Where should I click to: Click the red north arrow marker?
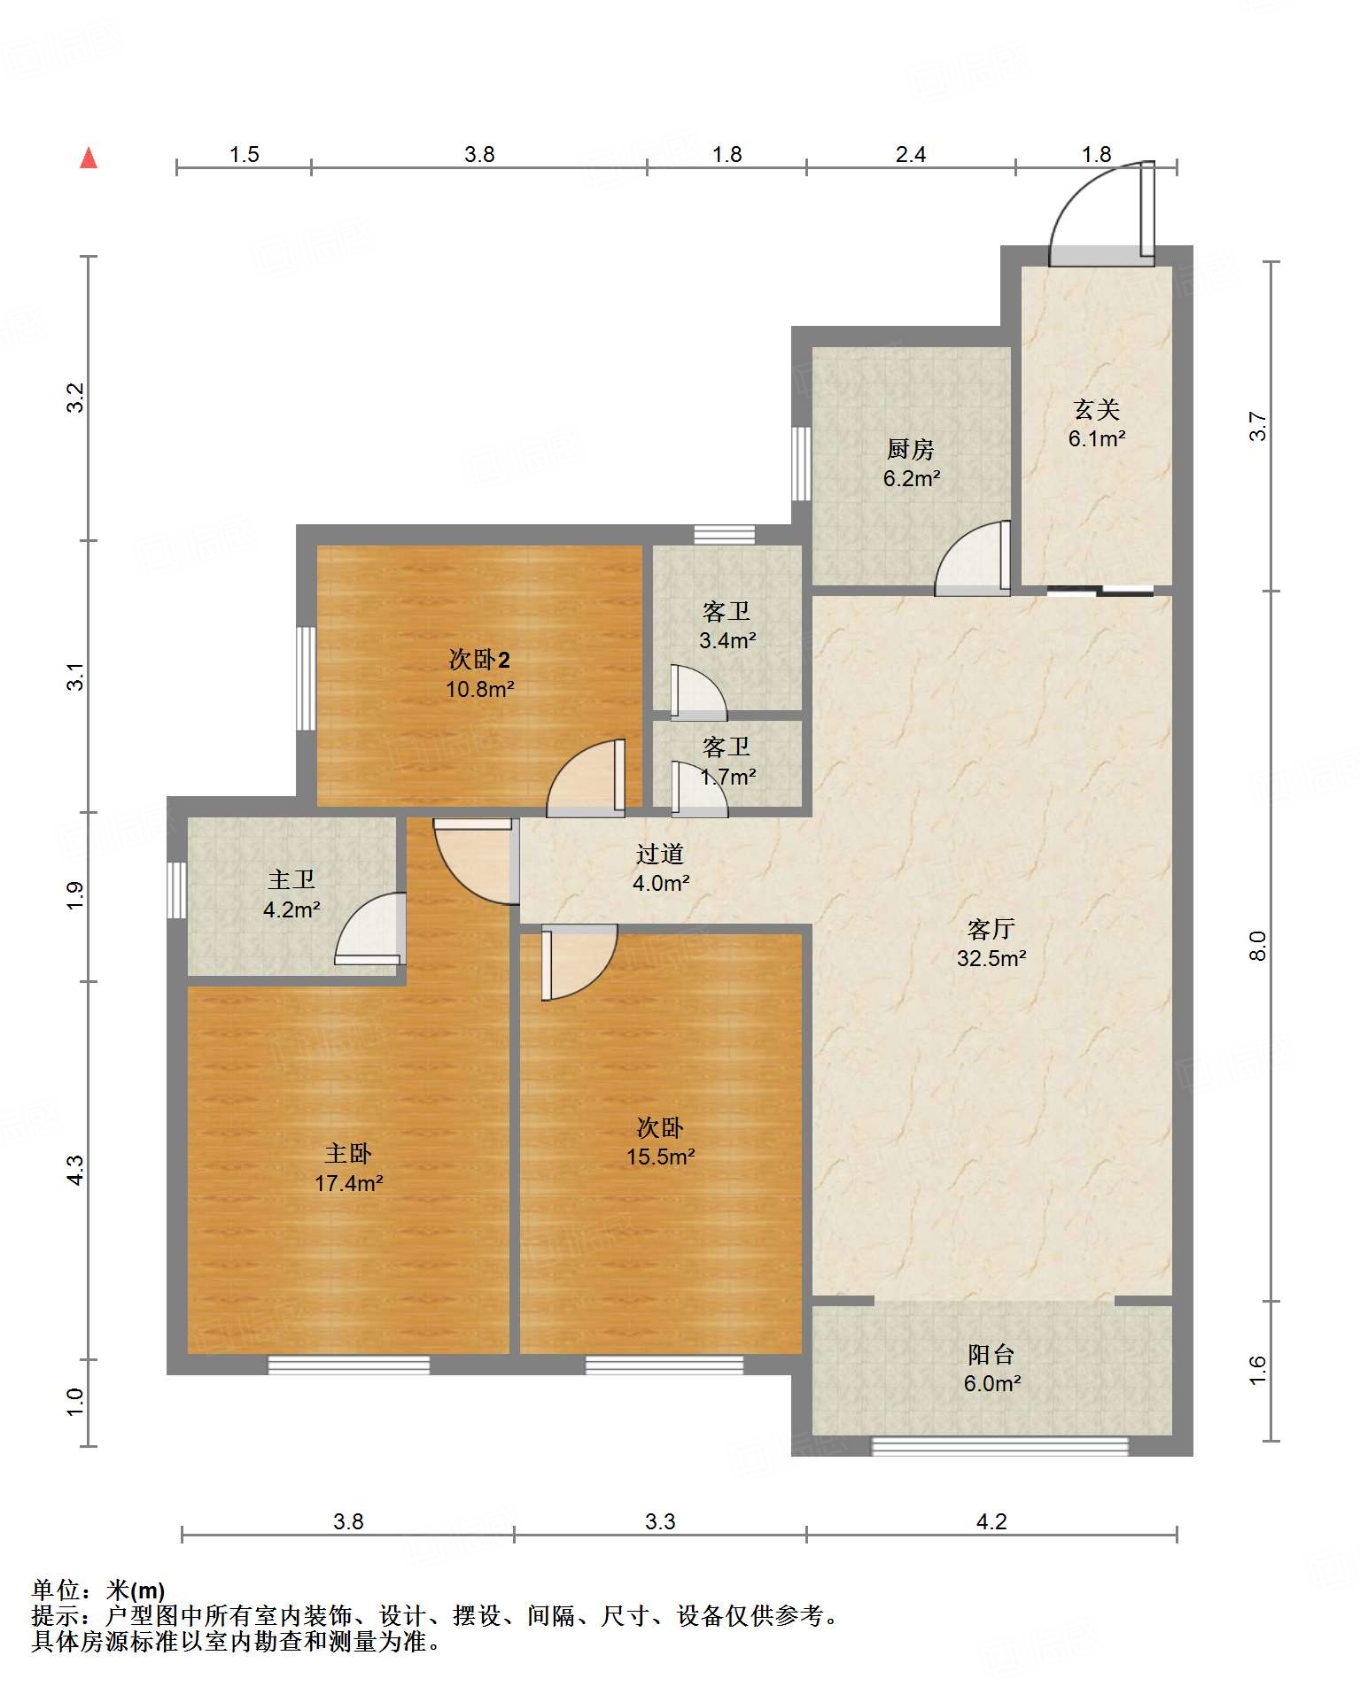click(x=89, y=159)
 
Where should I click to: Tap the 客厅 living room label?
click(x=991, y=929)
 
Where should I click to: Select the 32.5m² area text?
click(x=991, y=958)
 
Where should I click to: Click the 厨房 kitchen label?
click(x=911, y=450)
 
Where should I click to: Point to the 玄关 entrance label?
click(x=1097, y=409)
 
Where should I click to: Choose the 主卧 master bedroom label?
click(x=348, y=1153)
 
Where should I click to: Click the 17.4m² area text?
click(x=348, y=1183)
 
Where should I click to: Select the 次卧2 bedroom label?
click(x=479, y=660)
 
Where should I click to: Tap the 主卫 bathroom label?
click(x=291, y=879)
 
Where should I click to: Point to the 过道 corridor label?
click(x=660, y=854)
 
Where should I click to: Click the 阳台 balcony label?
click(x=991, y=1354)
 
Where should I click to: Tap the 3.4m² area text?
click(x=727, y=640)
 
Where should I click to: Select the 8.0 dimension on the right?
click(x=1257, y=946)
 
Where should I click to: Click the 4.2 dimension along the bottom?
click(x=991, y=1521)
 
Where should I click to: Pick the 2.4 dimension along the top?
click(x=911, y=155)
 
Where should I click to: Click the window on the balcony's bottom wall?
click(x=1000, y=1446)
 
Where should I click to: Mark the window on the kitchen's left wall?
click(x=801, y=464)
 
